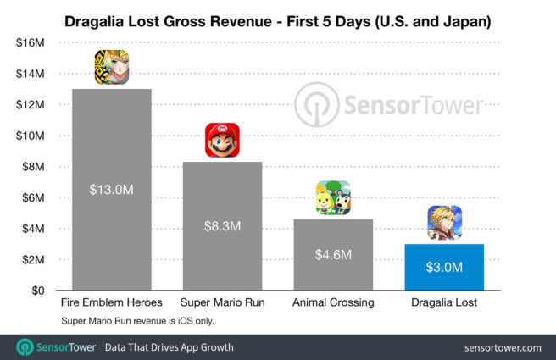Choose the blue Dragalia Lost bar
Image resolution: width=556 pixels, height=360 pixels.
point(444,267)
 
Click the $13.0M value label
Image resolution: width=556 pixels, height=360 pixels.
point(112,190)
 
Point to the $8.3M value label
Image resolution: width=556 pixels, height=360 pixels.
point(222,226)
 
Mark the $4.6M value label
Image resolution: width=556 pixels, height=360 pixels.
point(333,254)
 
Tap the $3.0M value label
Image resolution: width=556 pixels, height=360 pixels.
point(444,268)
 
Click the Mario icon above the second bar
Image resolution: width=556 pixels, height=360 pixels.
point(222,140)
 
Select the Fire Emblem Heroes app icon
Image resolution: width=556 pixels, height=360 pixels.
point(112,68)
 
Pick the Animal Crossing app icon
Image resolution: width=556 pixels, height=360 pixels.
point(333,198)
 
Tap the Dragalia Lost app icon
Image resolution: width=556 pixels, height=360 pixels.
point(444,223)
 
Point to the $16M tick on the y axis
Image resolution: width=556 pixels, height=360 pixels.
point(31,42)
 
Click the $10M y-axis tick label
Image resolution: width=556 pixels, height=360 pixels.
point(31,136)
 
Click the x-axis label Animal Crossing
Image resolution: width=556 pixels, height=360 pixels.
point(333,302)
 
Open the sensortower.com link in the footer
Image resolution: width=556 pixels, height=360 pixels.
point(503,347)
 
